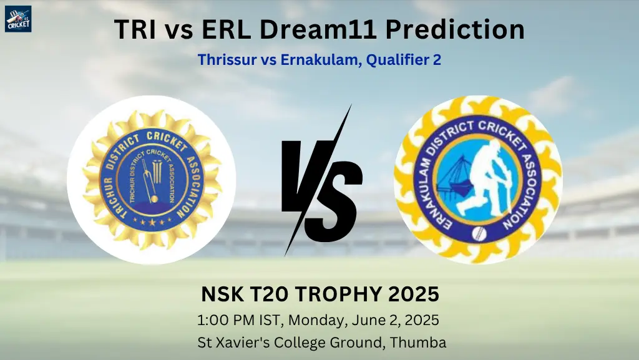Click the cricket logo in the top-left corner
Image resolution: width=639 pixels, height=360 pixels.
(x=18, y=18)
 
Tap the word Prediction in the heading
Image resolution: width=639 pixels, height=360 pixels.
(x=455, y=29)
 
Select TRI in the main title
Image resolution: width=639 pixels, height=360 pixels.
(x=135, y=29)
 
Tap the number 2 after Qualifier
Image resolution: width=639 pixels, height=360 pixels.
(x=437, y=61)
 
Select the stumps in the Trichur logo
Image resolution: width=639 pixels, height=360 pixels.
(x=157, y=170)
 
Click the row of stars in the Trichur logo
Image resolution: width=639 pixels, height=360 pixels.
(x=152, y=222)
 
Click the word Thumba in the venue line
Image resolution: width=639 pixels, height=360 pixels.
(x=417, y=342)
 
